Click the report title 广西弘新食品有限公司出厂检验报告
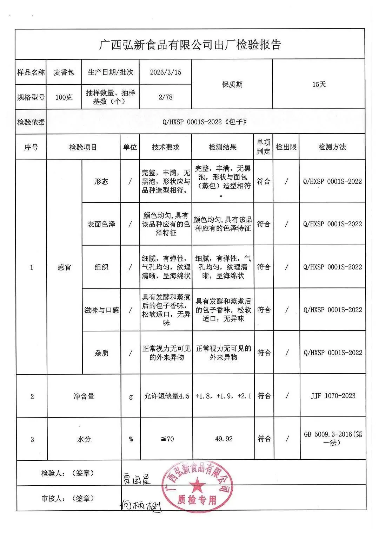190,45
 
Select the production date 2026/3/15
166,72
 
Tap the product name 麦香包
64,72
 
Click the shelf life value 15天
319,84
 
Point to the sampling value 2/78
166,97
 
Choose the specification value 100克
64,97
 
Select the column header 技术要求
166,147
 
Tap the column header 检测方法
332,147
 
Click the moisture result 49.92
224,439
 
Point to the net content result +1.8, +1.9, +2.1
224,396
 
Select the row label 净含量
84,396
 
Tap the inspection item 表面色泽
101,224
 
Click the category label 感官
64,267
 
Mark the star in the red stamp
197,486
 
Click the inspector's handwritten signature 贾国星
137,479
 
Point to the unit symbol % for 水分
131,439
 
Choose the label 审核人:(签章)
68,498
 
